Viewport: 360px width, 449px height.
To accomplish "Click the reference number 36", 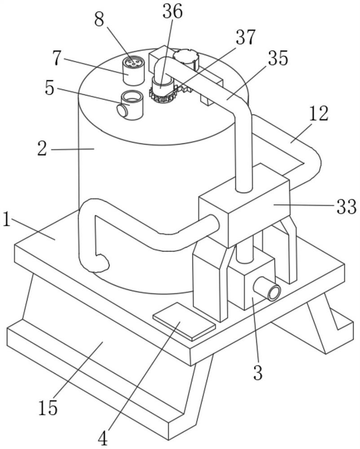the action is (172, 12).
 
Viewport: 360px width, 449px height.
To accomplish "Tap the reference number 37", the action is (245, 37).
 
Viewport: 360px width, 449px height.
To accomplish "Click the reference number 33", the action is (347, 206).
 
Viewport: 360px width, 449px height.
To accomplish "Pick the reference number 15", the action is (48, 408).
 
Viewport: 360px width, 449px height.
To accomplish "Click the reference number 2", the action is (42, 149).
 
